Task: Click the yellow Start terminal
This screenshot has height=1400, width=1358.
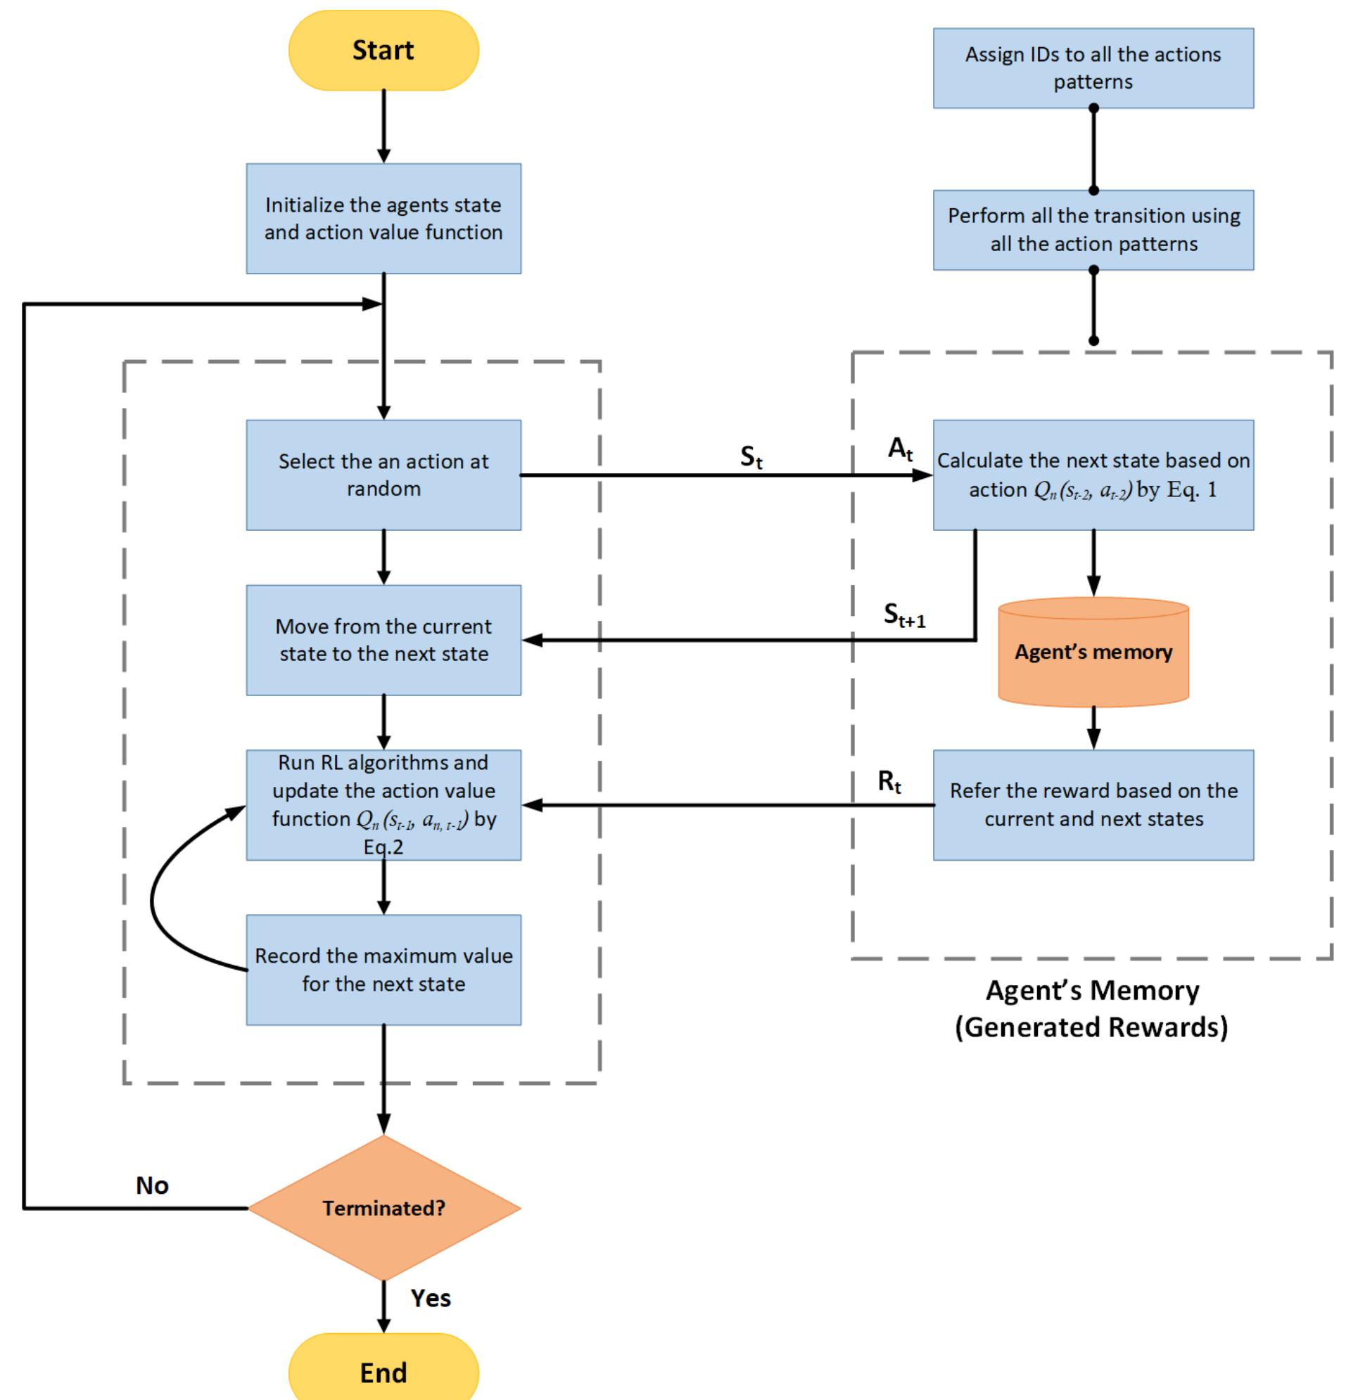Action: pyautogui.click(x=383, y=50)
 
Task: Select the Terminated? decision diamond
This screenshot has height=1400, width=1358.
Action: pyautogui.click(x=383, y=1208)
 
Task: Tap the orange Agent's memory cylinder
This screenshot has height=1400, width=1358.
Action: pyautogui.click(x=1093, y=652)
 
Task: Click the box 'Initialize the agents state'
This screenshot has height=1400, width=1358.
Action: pyautogui.click(x=383, y=219)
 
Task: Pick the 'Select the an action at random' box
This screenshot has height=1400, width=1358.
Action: pyautogui.click(x=383, y=475)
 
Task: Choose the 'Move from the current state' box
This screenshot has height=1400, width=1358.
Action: pyautogui.click(x=383, y=640)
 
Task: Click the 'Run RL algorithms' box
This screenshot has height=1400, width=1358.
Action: pyautogui.click(x=383, y=804)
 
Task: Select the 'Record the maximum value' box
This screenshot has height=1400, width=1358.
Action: pyautogui.click(x=383, y=969)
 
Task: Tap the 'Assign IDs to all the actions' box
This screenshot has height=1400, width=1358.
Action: pyautogui.click(x=1093, y=68)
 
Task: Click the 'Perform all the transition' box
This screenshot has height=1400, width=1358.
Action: pyautogui.click(x=1093, y=229)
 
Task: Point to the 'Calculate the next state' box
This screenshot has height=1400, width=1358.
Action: pyautogui.click(x=1093, y=475)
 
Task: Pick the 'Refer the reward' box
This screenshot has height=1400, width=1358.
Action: pyautogui.click(x=1093, y=804)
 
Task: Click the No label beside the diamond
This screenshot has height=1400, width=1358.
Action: pyautogui.click(x=151, y=1186)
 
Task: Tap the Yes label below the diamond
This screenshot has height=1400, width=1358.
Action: pyautogui.click(x=431, y=1298)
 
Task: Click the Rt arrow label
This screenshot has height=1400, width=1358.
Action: pyautogui.click(x=889, y=781)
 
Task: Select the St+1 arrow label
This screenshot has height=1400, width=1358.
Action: pyautogui.click(x=904, y=615)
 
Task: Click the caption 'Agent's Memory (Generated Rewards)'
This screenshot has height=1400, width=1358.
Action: pyautogui.click(x=1091, y=1008)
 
